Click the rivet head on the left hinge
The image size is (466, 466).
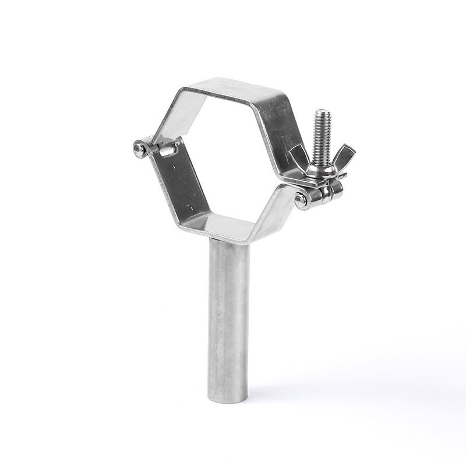coord(139,149)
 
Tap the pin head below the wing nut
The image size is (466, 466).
coord(301,200)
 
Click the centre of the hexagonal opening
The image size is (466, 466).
coord(230,157)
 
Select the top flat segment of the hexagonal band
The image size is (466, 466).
coord(233,87)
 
